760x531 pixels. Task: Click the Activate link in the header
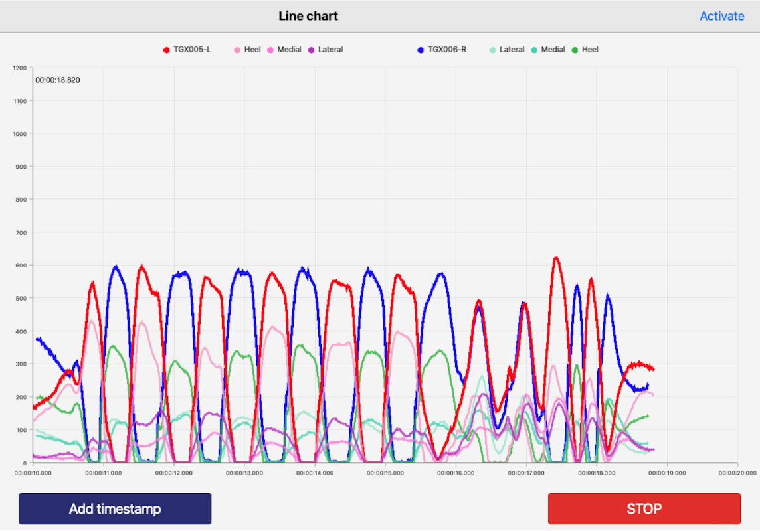click(x=721, y=16)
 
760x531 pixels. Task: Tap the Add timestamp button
click(x=115, y=509)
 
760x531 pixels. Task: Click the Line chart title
click(x=308, y=16)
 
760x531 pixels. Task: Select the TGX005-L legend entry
click(x=187, y=50)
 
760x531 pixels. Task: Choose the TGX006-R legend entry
click(x=442, y=50)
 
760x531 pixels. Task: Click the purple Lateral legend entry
click(x=326, y=50)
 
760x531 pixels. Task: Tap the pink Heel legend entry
click(x=247, y=50)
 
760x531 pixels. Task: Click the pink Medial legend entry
click(x=284, y=50)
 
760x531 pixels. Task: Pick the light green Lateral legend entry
click(x=507, y=50)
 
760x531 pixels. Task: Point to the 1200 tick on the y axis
click(x=19, y=68)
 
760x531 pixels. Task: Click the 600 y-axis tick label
click(x=21, y=265)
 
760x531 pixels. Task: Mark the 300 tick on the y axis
click(x=21, y=364)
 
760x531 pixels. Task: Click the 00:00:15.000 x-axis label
click(x=385, y=473)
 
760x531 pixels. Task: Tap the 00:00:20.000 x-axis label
click(x=737, y=473)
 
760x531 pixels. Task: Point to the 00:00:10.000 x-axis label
click(x=33, y=473)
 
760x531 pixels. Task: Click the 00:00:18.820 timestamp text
click(x=58, y=80)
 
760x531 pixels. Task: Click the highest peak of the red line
click(x=556, y=257)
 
